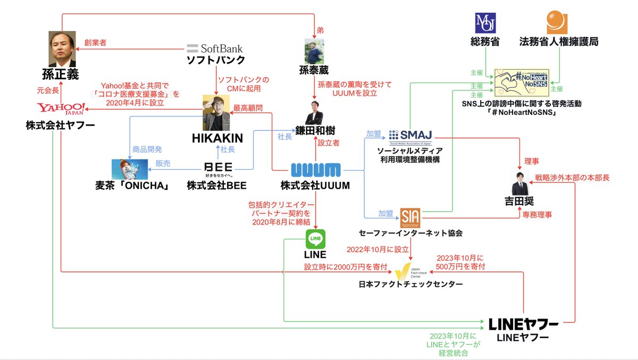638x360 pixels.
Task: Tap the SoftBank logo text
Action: [x=215, y=48]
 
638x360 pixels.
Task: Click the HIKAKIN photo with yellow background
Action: [x=217, y=113]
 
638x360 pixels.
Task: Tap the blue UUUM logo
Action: [x=316, y=171]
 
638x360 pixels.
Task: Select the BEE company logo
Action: [x=219, y=168]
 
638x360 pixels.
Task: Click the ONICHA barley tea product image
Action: [x=130, y=169]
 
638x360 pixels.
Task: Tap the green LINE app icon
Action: [x=316, y=239]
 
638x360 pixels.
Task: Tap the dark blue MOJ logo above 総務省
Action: [x=484, y=23]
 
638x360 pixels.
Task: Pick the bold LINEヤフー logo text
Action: [x=523, y=324]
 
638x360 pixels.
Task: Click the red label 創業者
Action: [x=95, y=43]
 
